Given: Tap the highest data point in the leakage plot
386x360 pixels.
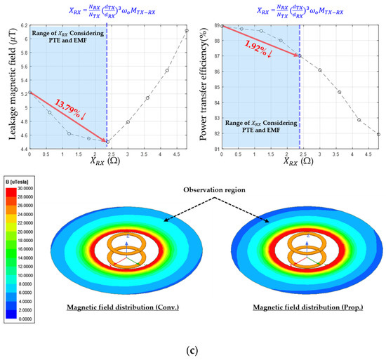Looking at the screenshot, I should [186, 30].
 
